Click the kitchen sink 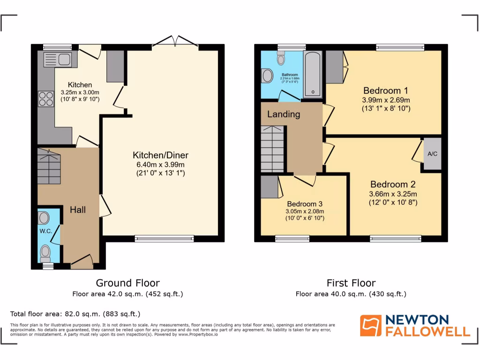coord(57,60)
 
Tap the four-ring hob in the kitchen coord(46,99)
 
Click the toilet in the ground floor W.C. coord(45,253)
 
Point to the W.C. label coord(45,231)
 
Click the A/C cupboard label coord(432,154)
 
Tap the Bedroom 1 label coord(386,91)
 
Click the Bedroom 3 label coord(305,204)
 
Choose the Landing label coord(284,114)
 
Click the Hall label coord(78,210)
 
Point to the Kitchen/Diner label coord(160,155)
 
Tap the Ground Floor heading coord(127,283)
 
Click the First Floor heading coord(351,283)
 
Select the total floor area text coord(75,314)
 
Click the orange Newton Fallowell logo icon coord(370,325)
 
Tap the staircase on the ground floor coord(49,166)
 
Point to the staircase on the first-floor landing coord(272,149)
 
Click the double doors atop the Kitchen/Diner coord(174,43)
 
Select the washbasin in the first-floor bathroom coord(267,75)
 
